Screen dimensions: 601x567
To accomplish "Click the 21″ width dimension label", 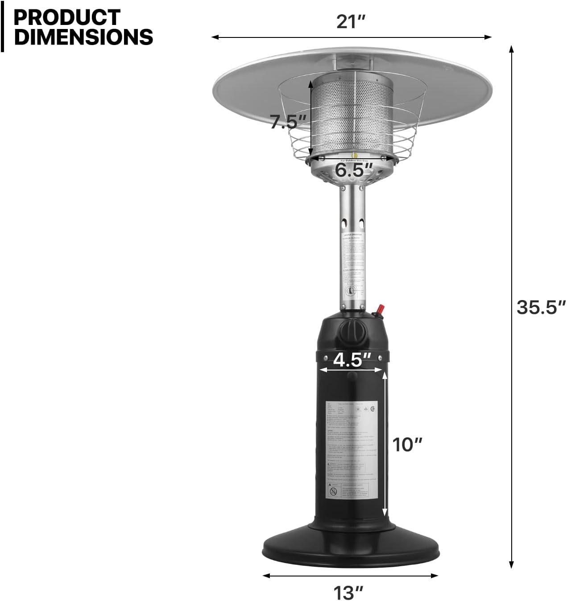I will click(x=351, y=21).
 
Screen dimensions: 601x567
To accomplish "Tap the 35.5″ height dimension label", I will click(x=541, y=308).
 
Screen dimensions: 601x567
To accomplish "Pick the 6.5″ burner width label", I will click(x=354, y=169).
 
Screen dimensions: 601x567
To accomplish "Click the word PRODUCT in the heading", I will click(x=67, y=18).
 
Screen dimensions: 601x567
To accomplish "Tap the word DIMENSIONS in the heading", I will click(x=83, y=37).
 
